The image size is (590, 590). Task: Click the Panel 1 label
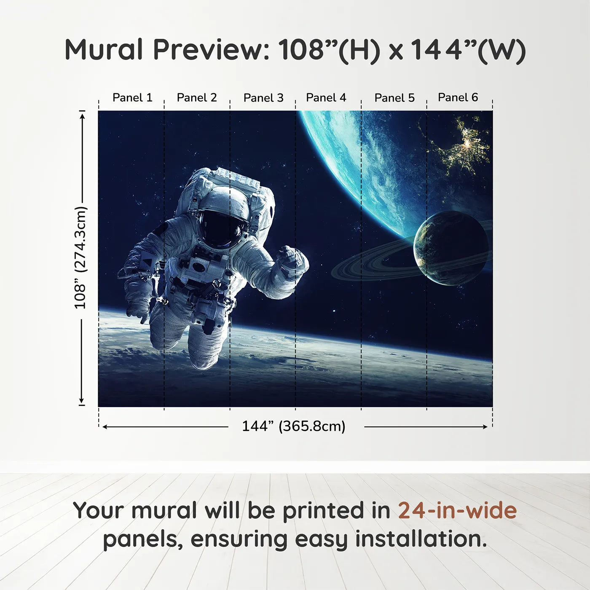[x=132, y=98]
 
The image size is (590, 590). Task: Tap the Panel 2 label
[x=197, y=98]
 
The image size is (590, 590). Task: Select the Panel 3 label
[x=263, y=98]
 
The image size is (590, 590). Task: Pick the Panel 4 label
[x=326, y=98]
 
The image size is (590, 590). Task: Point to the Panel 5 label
[x=394, y=98]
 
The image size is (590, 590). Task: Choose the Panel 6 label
[x=458, y=97]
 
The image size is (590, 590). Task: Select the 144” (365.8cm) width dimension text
[x=293, y=426]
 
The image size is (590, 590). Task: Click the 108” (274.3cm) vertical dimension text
[x=80, y=258]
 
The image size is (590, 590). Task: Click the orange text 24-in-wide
[x=457, y=511]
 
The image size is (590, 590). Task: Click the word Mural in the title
[x=104, y=50]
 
